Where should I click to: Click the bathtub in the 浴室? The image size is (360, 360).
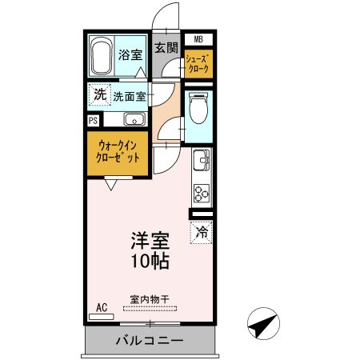tap(102, 56)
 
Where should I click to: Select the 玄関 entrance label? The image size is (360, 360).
tap(166, 47)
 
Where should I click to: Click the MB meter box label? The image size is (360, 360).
tap(198, 38)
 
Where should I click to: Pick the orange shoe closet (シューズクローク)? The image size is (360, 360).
tap(198, 64)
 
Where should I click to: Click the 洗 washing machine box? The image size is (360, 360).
tap(99, 94)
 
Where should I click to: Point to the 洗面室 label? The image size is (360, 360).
tap(130, 97)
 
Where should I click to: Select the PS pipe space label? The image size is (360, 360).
tap(94, 121)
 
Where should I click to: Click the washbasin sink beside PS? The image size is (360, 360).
tap(134, 120)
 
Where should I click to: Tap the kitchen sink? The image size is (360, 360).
tap(200, 163)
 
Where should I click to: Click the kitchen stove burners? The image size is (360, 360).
tap(200, 193)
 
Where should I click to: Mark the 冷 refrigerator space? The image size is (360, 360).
tap(201, 233)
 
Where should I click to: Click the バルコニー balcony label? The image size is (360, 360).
tap(148, 341)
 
